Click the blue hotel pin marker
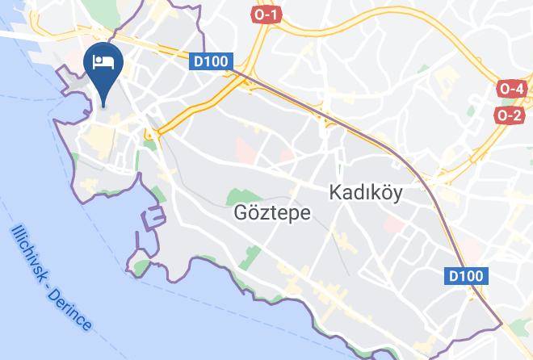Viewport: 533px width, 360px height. tap(103, 65)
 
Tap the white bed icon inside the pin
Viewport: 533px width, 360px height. tap(103, 61)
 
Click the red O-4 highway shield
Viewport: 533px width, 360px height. tap(511, 88)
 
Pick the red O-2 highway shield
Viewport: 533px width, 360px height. tap(510, 115)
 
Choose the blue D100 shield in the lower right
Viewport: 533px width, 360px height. tap(466, 276)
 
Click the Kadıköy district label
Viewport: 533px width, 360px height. tap(366, 193)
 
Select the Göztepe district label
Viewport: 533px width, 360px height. tap(260, 212)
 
